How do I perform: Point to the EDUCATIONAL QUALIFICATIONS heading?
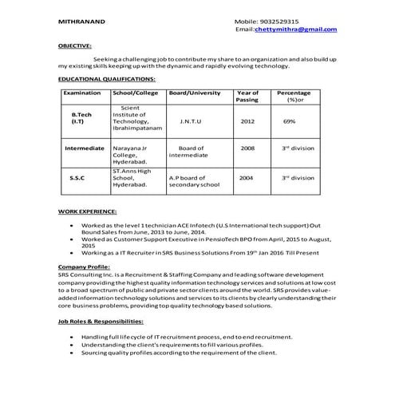click(106, 80)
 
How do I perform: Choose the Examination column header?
click(82, 93)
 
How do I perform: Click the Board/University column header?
click(195, 93)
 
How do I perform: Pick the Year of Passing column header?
click(247, 97)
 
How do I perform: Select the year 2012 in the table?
click(247, 121)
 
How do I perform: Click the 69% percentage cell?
click(289, 121)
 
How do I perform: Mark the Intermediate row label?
click(85, 148)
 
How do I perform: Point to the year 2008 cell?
click(247, 148)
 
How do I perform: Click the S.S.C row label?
click(77, 178)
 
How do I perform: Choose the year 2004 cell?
click(247, 178)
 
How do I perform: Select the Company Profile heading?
click(84, 266)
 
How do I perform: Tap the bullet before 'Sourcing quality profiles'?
click(73, 352)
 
